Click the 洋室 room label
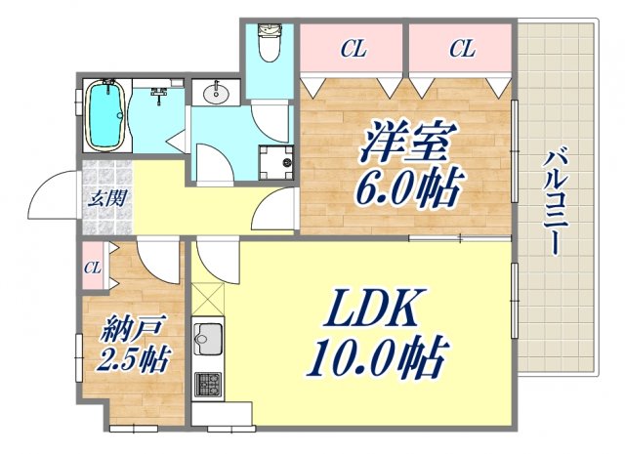pyautogui.click(x=406, y=145)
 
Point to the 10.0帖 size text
pyautogui.click(x=375, y=358)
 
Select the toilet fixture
pyautogui.click(x=267, y=43)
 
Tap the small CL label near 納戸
pyautogui.click(x=94, y=267)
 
